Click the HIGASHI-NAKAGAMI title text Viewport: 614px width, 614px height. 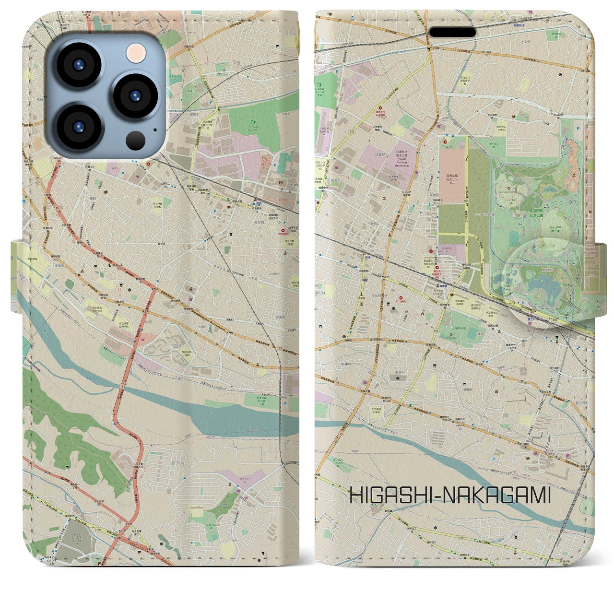pyautogui.click(x=450, y=495)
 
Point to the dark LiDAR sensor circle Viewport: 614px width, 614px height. pyautogui.click(x=136, y=140)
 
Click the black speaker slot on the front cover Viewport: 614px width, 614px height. pyautogui.click(x=452, y=32)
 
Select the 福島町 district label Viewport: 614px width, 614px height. pyautogui.click(x=399, y=371)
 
